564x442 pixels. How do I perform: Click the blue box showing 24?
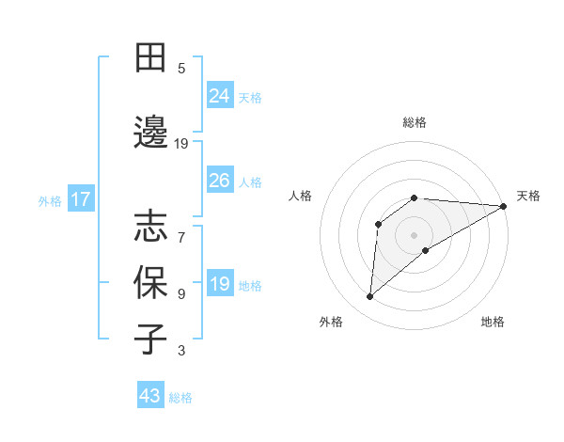(220, 96)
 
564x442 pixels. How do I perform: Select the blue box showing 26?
(220, 181)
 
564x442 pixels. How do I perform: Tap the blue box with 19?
(220, 284)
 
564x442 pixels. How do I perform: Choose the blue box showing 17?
(80, 199)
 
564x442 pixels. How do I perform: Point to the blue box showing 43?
(150, 396)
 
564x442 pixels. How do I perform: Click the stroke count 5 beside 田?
(181, 68)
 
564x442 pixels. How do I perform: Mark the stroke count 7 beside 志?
(181, 228)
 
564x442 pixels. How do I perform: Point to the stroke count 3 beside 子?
(181, 352)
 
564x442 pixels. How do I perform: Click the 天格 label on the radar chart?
(528, 196)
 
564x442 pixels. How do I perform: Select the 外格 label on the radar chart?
(331, 322)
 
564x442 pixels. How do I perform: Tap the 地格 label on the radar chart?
(493, 322)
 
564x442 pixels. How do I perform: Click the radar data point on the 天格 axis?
(504, 206)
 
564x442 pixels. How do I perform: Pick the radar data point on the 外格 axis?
(369, 297)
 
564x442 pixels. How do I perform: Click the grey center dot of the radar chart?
(414, 234)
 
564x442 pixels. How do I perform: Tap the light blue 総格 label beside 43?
(180, 398)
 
